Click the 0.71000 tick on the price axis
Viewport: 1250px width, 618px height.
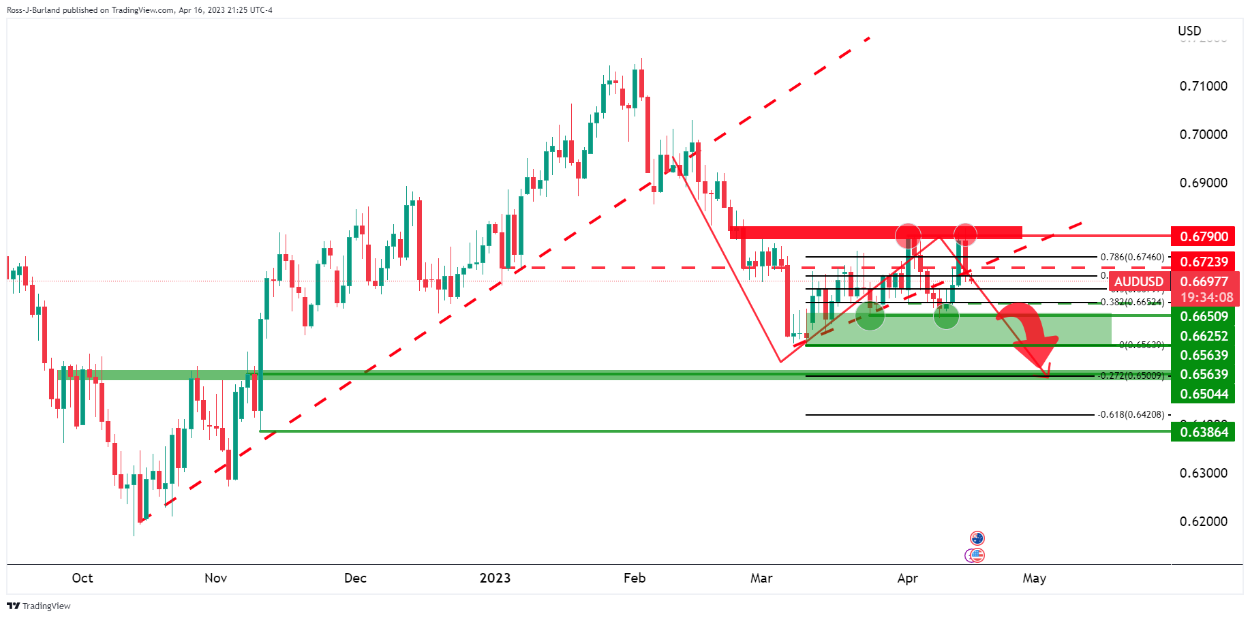point(1203,86)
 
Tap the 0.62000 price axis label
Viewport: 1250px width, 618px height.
point(1203,521)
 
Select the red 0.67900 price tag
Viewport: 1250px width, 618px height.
point(1204,236)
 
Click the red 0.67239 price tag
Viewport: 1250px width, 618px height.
point(1204,262)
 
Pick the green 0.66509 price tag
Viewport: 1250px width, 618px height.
point(1204,316)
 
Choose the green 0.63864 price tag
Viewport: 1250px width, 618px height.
point(1204,432)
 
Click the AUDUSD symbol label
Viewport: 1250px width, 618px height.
point(1138,281)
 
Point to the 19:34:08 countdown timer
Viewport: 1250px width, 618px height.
point(1206,297)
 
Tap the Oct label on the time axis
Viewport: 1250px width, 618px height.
point(82,578)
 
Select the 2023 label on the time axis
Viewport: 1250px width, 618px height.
point(495,578)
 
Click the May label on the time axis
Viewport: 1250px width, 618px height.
point(1034,578)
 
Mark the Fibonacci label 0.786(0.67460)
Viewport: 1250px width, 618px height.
point(1132,257)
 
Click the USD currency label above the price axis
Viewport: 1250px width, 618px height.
point(1189,31)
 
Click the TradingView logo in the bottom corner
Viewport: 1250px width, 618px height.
point(39,606)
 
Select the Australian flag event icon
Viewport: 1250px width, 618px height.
point(977,538)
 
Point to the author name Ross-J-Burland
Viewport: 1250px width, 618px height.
point(33,10)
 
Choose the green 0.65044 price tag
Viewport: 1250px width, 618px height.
point(1204,394)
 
